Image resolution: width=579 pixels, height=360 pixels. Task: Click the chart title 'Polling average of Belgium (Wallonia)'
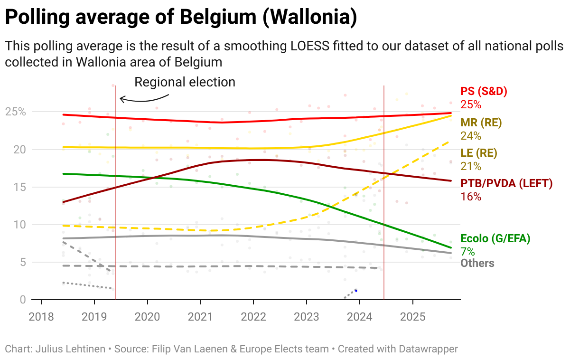180,18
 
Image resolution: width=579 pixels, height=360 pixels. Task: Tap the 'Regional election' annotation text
185,82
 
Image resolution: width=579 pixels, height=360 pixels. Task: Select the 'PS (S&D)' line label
480,92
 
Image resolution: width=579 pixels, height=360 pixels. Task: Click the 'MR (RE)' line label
481,123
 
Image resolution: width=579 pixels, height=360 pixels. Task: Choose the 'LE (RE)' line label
479,153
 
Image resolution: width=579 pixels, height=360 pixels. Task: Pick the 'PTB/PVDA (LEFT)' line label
506,183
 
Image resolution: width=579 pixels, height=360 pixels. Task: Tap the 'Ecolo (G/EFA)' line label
495,238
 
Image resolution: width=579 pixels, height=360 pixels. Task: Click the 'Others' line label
477,263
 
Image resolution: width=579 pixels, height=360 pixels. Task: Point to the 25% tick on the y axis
16,112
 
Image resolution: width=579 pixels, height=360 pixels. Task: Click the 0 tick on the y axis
23,300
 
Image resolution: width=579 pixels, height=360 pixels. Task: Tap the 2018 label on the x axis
41,317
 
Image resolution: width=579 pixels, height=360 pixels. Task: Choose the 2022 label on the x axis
253,317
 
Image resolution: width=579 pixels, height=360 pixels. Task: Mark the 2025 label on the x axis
412,317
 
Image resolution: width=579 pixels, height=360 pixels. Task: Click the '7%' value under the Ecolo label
467,251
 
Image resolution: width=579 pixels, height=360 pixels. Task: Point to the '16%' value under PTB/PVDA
470,196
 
